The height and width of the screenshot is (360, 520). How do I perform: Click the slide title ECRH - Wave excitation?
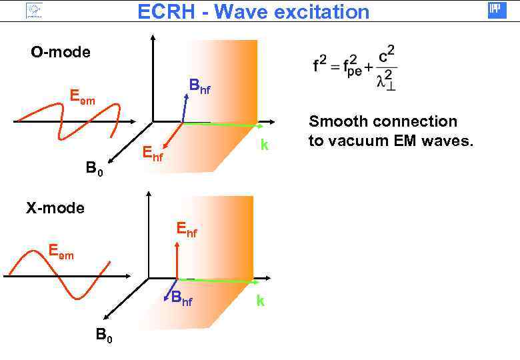(253, 11)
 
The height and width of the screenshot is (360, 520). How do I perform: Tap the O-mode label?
(61, 52)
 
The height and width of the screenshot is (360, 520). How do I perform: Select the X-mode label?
(55, 208)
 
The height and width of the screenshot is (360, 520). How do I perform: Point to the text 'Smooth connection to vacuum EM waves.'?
(390, 131)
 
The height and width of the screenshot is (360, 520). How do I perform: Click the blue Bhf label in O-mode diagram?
(199, 87)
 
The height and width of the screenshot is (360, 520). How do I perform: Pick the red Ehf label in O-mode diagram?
(153, 155)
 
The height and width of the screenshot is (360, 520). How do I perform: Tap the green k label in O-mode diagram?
(265, 145)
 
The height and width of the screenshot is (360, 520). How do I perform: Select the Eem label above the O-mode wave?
(83, 99)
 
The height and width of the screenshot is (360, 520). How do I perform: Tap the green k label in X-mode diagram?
(260, 301)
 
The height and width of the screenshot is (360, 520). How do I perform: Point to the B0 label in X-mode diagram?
(103, 335)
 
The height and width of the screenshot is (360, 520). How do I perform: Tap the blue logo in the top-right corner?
(497, 10)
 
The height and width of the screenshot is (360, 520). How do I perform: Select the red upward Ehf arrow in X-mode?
(177, 260)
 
